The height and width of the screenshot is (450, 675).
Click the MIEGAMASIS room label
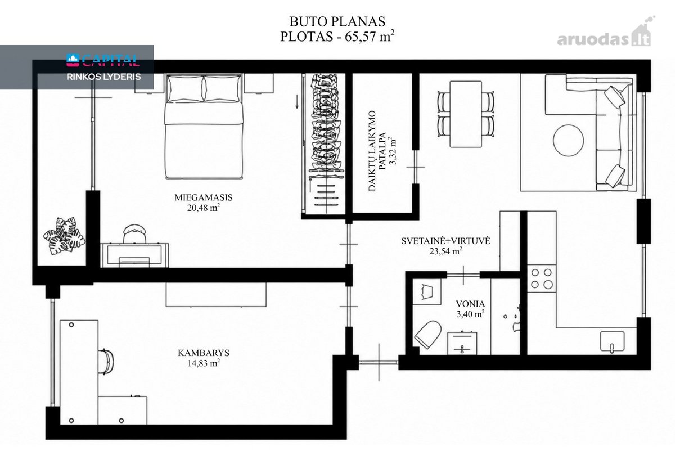(204, 197)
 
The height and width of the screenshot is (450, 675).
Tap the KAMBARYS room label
(204, 353)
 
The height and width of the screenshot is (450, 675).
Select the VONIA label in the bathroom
(470, 304)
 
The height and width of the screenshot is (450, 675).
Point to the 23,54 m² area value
(445, 251)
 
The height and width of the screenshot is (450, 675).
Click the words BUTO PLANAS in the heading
(337, 21)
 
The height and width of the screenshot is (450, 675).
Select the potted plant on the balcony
(64, 236)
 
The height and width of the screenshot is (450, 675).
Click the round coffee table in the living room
(568, 141)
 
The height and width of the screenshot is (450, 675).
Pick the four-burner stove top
(542, 278)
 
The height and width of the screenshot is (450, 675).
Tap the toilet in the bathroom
(428, 334)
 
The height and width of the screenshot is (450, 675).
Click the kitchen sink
(613, 341)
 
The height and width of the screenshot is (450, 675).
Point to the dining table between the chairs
(466, 114)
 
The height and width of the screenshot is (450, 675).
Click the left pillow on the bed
(185, 89)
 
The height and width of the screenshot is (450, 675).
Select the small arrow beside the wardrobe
(297, 102)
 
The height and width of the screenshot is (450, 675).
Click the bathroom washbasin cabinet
(462, 343)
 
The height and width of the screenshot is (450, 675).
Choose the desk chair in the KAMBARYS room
(106, 362)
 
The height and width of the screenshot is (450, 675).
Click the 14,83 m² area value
(204, 363)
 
